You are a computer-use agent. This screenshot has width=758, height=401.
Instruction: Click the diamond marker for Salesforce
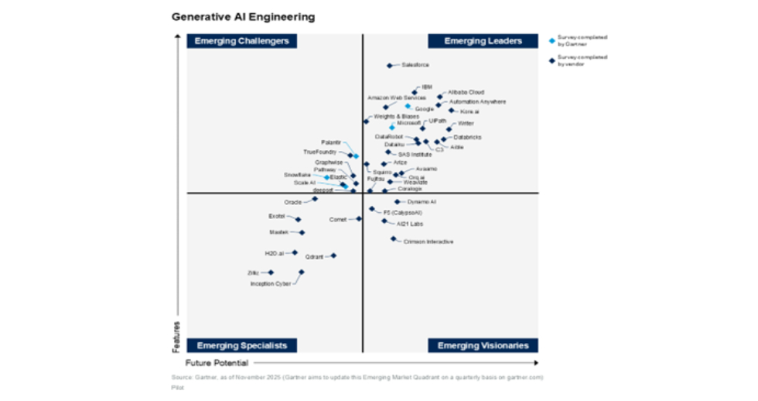390,66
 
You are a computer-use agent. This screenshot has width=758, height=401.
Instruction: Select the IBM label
427,87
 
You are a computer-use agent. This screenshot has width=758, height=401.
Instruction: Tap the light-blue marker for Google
408,106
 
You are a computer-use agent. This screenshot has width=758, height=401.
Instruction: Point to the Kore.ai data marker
452,111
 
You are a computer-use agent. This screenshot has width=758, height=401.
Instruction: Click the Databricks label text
467,137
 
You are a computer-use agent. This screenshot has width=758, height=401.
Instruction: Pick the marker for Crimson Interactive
393,239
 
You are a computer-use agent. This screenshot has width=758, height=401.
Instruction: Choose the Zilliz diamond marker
271,272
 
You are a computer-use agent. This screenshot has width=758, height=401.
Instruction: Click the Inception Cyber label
270,283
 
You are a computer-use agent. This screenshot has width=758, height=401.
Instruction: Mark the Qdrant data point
333,255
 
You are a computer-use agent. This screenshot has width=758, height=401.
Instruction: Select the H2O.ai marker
294,252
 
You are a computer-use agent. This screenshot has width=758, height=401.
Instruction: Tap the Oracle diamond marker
315,199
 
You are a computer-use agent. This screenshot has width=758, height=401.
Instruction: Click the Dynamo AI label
422,202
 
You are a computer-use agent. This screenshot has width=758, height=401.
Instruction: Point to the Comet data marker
359,219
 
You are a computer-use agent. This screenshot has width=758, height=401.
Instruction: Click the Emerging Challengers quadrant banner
241,41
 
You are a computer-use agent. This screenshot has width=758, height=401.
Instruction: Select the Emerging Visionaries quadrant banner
483,345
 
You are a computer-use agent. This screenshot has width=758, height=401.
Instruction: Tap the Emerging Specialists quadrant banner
241,345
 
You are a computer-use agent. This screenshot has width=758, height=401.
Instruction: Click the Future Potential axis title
217,362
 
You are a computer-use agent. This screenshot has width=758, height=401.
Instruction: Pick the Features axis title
177,338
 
